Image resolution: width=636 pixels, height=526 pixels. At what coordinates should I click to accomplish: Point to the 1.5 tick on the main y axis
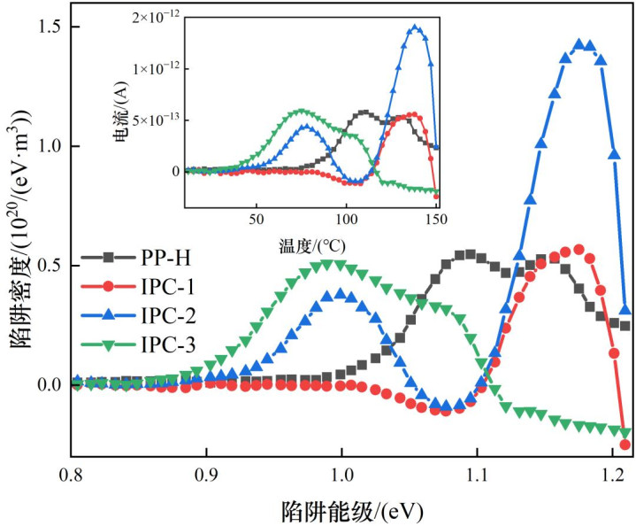pos(45,27)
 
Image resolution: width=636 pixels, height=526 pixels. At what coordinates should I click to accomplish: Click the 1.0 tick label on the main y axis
pos(45,146)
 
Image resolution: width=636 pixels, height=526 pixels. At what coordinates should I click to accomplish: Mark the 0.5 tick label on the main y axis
pos(45,266)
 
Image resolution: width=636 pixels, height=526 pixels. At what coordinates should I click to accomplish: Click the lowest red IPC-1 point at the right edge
pos(625,445)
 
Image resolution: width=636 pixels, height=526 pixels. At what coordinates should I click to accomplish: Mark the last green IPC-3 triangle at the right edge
pos(625,432)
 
